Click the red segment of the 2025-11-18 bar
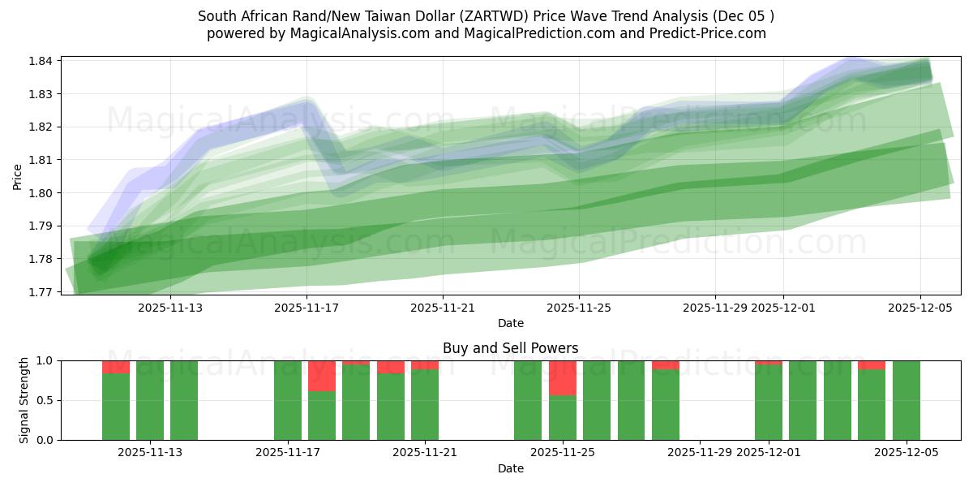point(322,376)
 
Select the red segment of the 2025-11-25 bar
point(563,378)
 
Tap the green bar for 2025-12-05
point(907,400)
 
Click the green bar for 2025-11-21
point(425,405)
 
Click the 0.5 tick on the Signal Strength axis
point(45,400)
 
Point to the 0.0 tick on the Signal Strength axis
point(45,440)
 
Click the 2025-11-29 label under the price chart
point(714,308)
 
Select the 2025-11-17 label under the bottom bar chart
point(287,453)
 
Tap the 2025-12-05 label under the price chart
point(919,308)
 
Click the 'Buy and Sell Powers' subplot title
point(510,348)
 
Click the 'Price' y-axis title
point(18,176)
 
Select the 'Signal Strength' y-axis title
point(24,400)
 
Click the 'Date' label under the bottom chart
point(510,468)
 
